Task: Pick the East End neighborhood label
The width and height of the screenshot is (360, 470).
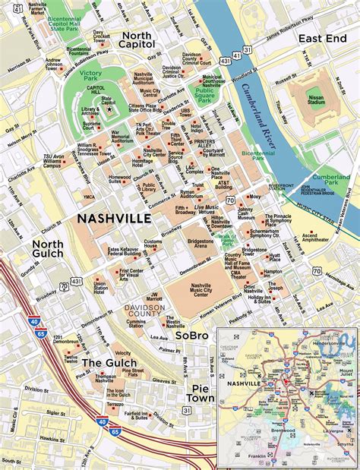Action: tap(318, 37)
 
